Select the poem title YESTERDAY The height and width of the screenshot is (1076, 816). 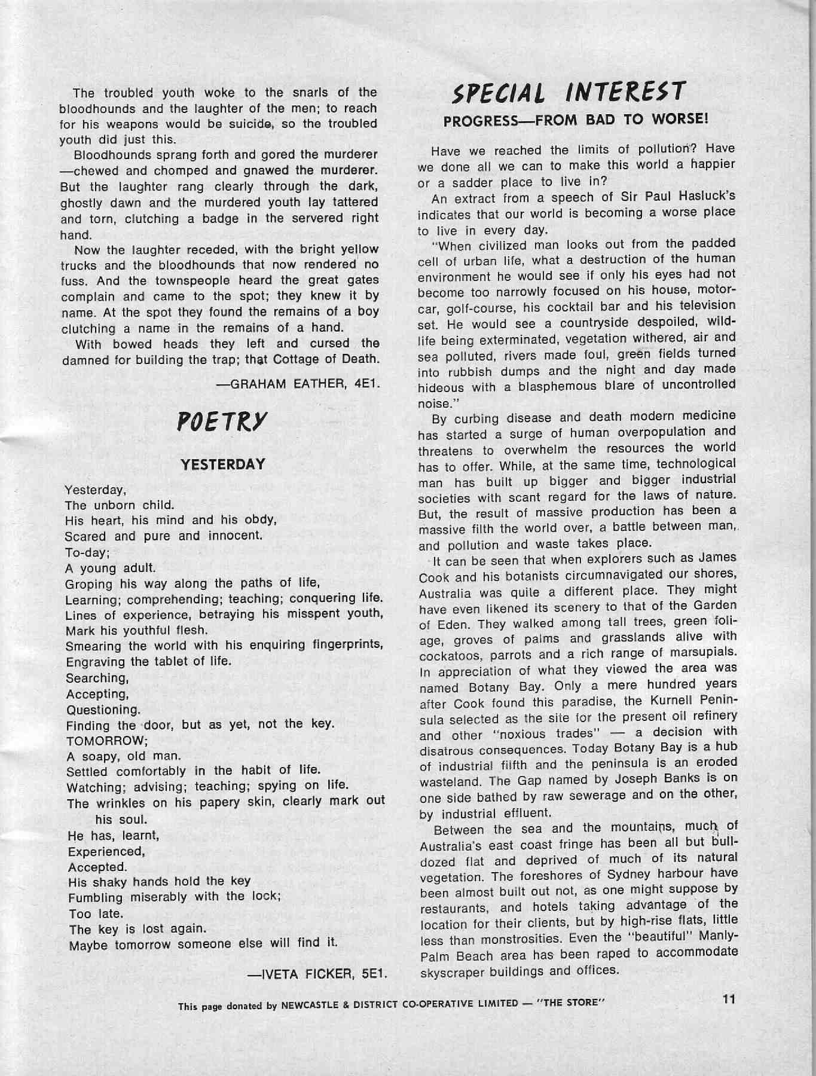point(223,464)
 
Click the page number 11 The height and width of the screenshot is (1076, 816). point(728,998)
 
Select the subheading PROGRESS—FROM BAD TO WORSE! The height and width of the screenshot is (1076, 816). point(576,119)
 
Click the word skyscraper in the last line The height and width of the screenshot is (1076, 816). point(453,971)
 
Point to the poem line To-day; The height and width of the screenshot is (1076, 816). point(83,552)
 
